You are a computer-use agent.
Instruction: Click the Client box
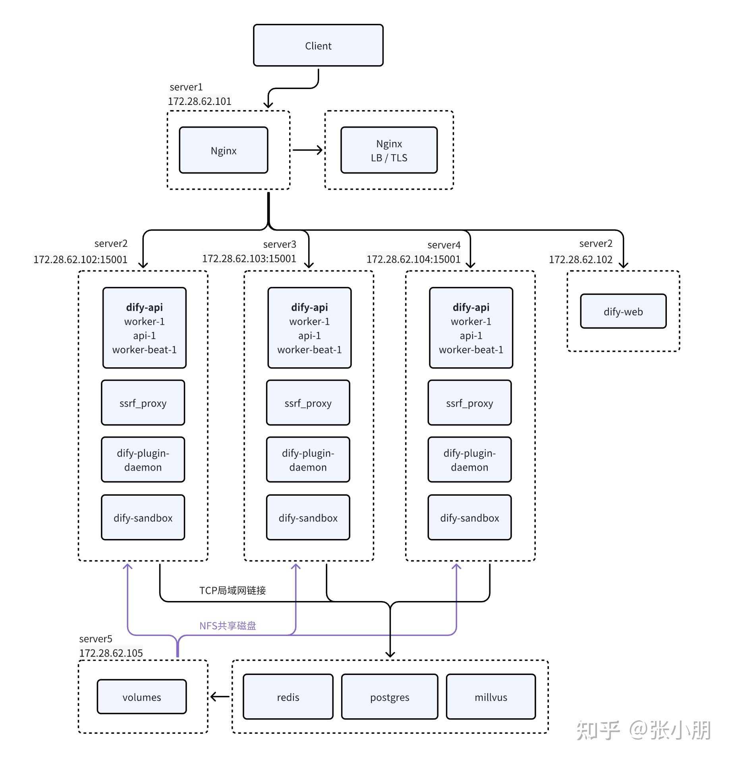pyautogui.click(x=318, y=45)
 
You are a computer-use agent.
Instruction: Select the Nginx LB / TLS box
pyautogui.click(x=389, y=150)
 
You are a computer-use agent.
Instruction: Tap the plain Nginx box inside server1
pyautogui.click(x=224, y=150)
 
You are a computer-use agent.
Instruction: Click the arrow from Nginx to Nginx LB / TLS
pyautogui.click(x=307, y=150)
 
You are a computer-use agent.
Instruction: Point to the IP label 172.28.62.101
pyautogui.click(x=199, y=101)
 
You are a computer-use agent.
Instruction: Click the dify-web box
pyautogui.click(x=623, y=311)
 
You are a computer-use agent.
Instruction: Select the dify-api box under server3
pyautogui.click(x=309, y=328)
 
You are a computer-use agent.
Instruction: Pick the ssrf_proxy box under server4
pyautogui.click(x=469, y=403)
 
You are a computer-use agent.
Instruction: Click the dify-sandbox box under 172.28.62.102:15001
pyautogui.click(x=143, y=517)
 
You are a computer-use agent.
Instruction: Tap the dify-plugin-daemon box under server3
pyautogui.click(x=308, y=459)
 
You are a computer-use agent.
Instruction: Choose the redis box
pyautogui.click(x=288, y=697)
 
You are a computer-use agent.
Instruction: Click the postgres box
pyautogui.click(x=389, y=697)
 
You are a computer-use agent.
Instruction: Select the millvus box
pyautogui.click(x=491, y=697)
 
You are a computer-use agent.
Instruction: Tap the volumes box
pyautogui.click(x=142, y=697)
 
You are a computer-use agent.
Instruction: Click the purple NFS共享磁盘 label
pyautogui.click(x=228, y=626)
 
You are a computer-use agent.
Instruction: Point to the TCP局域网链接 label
pyautogui.click(x=232, y=590)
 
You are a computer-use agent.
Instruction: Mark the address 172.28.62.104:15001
pyautogui.click(x=413, y=259)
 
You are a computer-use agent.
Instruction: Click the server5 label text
pyautogui.click(x=96, y=639)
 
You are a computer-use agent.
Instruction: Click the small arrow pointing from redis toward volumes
pyautogui.click(x=220, y=696)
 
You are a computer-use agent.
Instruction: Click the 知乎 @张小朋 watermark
pyautogui.click(x=643, y=730)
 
